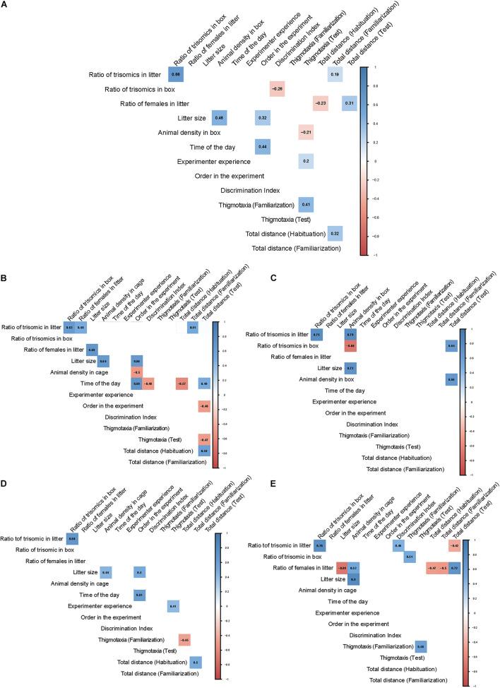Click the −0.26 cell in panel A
[x=277, y=90]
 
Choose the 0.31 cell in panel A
[x=350, y=105]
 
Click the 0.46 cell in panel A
[x=219, y=117]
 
